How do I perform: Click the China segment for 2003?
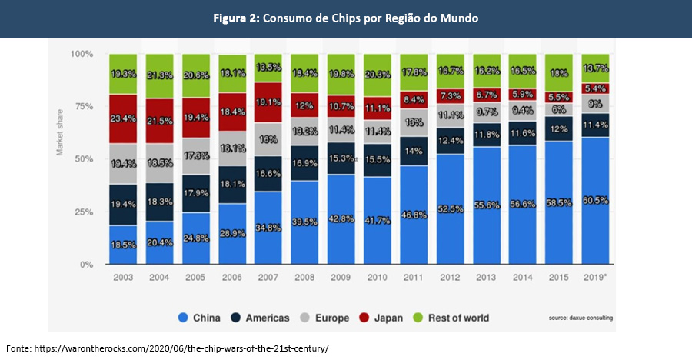tap(123, 245)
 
